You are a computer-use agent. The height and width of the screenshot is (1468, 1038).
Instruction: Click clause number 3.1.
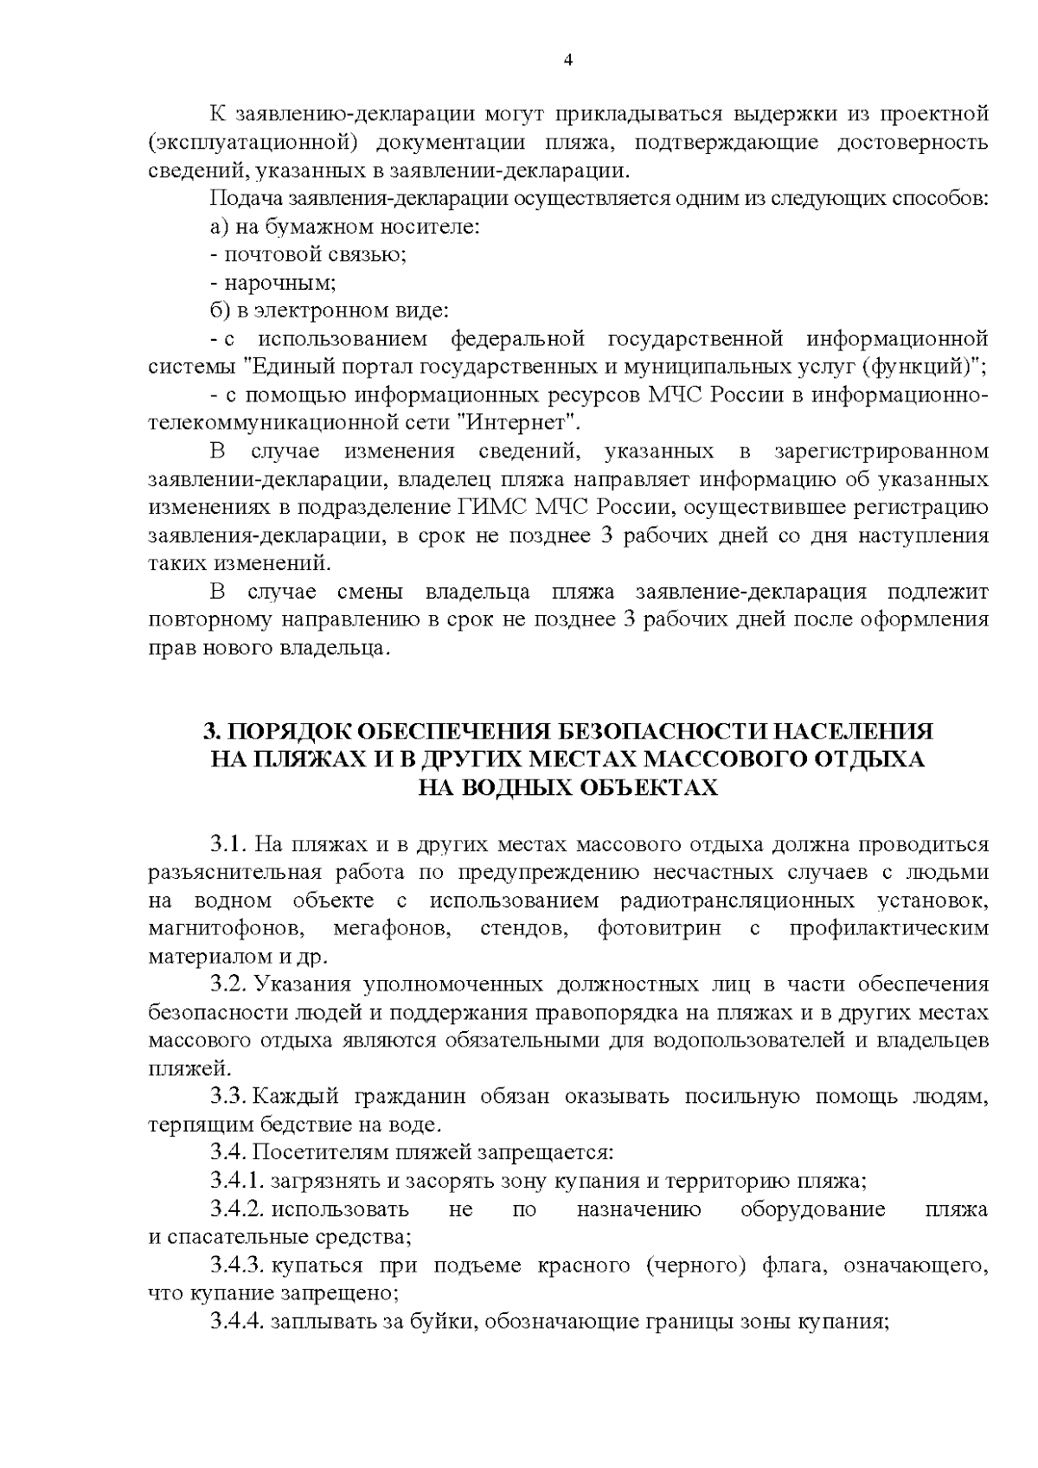pos(230,844)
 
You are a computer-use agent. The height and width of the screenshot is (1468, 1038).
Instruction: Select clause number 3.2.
pos(230,985)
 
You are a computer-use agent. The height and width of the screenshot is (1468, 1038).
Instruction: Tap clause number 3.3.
pos(230,1098)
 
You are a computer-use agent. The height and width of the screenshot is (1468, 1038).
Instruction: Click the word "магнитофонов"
pos(221,929)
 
